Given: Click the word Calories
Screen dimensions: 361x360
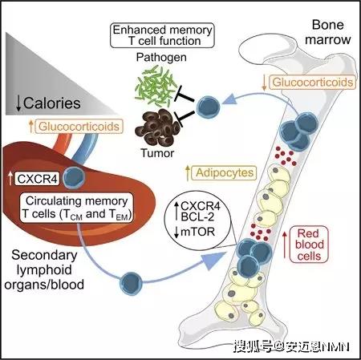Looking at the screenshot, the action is click(x=52, y=103).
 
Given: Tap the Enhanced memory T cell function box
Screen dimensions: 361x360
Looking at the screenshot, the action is click(x=162, y=35).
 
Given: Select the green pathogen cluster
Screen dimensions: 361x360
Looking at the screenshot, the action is click(x=156, y=87).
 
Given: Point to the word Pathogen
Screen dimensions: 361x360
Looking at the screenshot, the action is click(x=161, y=57).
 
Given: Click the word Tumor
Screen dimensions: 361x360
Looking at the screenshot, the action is click(x=157, y=153).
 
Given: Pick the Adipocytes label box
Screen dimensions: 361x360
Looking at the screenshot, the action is click(x=225, y=172).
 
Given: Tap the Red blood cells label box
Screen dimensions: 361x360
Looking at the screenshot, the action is click(x=309, y=245).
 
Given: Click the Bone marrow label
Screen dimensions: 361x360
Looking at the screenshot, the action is click(x=328, y=32).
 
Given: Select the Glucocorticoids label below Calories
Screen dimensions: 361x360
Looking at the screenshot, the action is click(x=79, y=127).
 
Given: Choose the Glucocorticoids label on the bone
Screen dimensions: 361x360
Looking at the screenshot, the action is click(x=312, y=82).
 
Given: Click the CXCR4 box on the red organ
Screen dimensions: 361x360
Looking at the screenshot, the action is click(x=37, y=179).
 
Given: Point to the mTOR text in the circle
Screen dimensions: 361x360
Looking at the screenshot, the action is click(x=198, y=232).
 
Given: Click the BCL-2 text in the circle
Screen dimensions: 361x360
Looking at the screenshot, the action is click(x=197, y=216).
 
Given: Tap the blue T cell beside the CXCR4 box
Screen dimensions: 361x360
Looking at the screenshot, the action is click(x=74, y=177).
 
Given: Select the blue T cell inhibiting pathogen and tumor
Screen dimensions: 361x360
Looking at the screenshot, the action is click(x=208, y=107).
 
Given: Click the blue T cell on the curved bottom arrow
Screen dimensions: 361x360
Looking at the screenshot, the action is click(x=131, y=284).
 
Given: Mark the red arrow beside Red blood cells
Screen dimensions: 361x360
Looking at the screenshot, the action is click(x=285, y=245).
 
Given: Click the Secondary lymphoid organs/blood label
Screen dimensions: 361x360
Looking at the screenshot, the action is click(x=44, y=270).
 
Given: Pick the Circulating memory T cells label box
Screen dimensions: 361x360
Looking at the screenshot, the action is click(x=76, y=208).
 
